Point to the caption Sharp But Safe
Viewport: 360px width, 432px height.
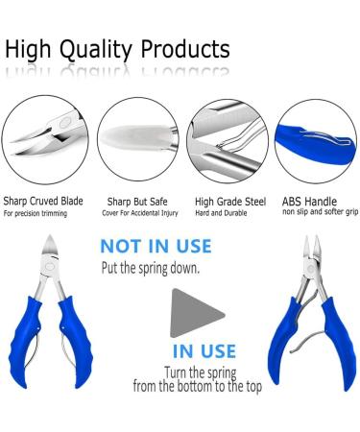tap(132, 203)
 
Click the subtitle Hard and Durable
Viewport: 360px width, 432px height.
tap(222, 214)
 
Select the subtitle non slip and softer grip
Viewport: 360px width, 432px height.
tap(320, 213)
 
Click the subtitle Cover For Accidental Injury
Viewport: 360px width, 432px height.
tap(136, 214)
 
